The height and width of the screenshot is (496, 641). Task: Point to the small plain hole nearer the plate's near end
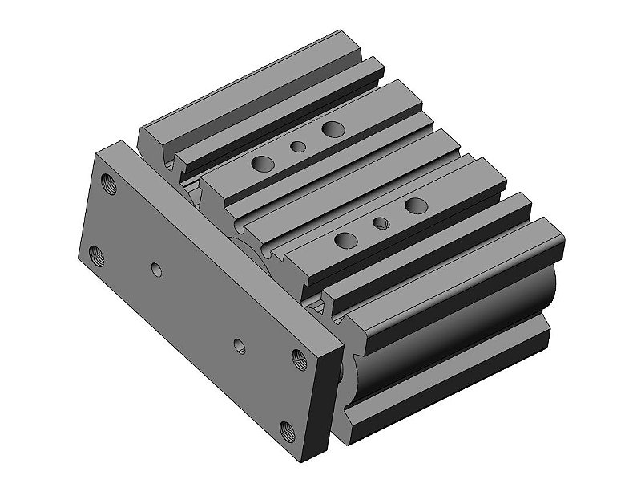click(239, 345)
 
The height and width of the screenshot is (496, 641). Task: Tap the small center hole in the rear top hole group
click(298, 147)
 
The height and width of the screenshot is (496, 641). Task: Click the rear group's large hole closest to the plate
click(262, 164)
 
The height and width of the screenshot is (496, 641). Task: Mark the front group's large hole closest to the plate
click(345, 239)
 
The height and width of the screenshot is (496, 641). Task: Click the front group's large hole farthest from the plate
click(416, 205)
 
